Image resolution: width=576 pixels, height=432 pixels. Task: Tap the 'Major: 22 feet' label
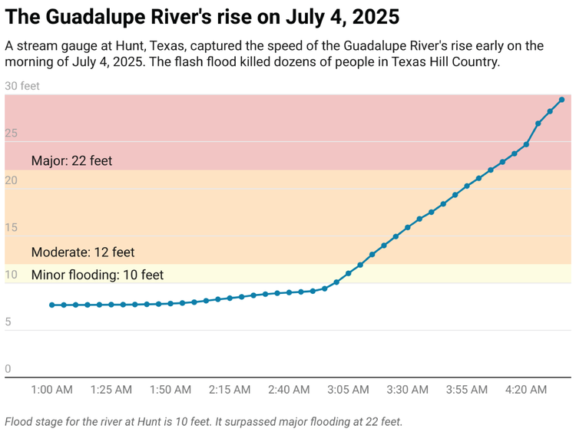click(71, 161)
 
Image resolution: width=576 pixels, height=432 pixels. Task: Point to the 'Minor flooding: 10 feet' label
click(98, 275)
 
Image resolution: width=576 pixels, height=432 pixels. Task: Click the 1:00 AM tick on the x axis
click(52, 390)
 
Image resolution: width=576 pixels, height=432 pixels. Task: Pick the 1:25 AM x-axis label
click(111, 390)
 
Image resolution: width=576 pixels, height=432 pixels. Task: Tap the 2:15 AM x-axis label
click(230, 390)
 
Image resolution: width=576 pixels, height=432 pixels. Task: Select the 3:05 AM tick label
click(348, 390)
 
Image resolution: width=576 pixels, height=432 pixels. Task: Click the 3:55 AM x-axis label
click(466, 390)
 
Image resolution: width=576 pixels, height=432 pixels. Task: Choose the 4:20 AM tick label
click(526, 390)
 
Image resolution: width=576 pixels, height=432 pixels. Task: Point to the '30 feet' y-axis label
click(22, 86)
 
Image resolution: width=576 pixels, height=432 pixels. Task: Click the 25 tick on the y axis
click(11, 134)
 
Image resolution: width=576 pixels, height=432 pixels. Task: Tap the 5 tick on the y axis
click(8, 322)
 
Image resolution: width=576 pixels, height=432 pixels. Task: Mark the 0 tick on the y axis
click(8, 369)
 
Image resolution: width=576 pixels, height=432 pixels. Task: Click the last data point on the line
click(562, 100)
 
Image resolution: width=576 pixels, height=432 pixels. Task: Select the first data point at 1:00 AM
click(52, 305)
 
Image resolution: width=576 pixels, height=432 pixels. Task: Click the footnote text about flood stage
click(204, 421)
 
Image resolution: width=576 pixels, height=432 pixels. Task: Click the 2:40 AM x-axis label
click(289, 390)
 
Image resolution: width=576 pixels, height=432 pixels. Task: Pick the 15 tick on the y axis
click(11, 228)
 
